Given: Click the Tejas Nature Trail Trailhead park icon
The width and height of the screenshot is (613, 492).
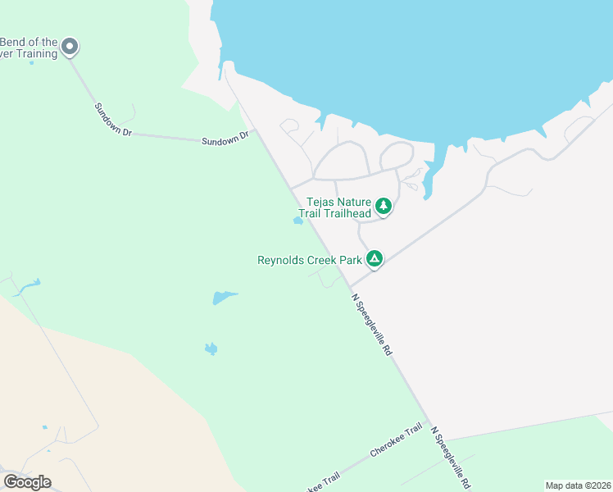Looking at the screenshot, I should coord(383,206).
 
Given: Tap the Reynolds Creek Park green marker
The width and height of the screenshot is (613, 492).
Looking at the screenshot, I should coord(375,259).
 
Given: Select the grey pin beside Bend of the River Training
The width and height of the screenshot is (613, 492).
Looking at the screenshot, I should coord(70,47).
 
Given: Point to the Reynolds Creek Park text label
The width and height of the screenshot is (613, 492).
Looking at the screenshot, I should coord(310,260).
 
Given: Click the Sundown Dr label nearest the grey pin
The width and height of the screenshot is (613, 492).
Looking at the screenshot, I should coord(112,119).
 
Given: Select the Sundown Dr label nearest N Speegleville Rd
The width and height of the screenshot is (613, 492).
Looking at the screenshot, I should coord(225,139).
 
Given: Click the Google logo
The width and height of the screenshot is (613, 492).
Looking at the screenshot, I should coord(27,482).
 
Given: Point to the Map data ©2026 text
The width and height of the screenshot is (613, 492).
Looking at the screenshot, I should coord(577,485).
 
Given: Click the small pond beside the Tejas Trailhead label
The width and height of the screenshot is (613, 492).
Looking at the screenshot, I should coord(298,221).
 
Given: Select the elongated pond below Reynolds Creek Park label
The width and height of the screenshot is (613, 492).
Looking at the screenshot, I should coord(223,297).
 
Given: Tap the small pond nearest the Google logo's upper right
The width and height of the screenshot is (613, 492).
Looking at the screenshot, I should coord(211,349).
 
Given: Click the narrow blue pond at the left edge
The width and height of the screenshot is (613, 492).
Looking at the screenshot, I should coord(27,286).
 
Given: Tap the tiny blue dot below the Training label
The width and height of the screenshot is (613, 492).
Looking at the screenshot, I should coord(32,63).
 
